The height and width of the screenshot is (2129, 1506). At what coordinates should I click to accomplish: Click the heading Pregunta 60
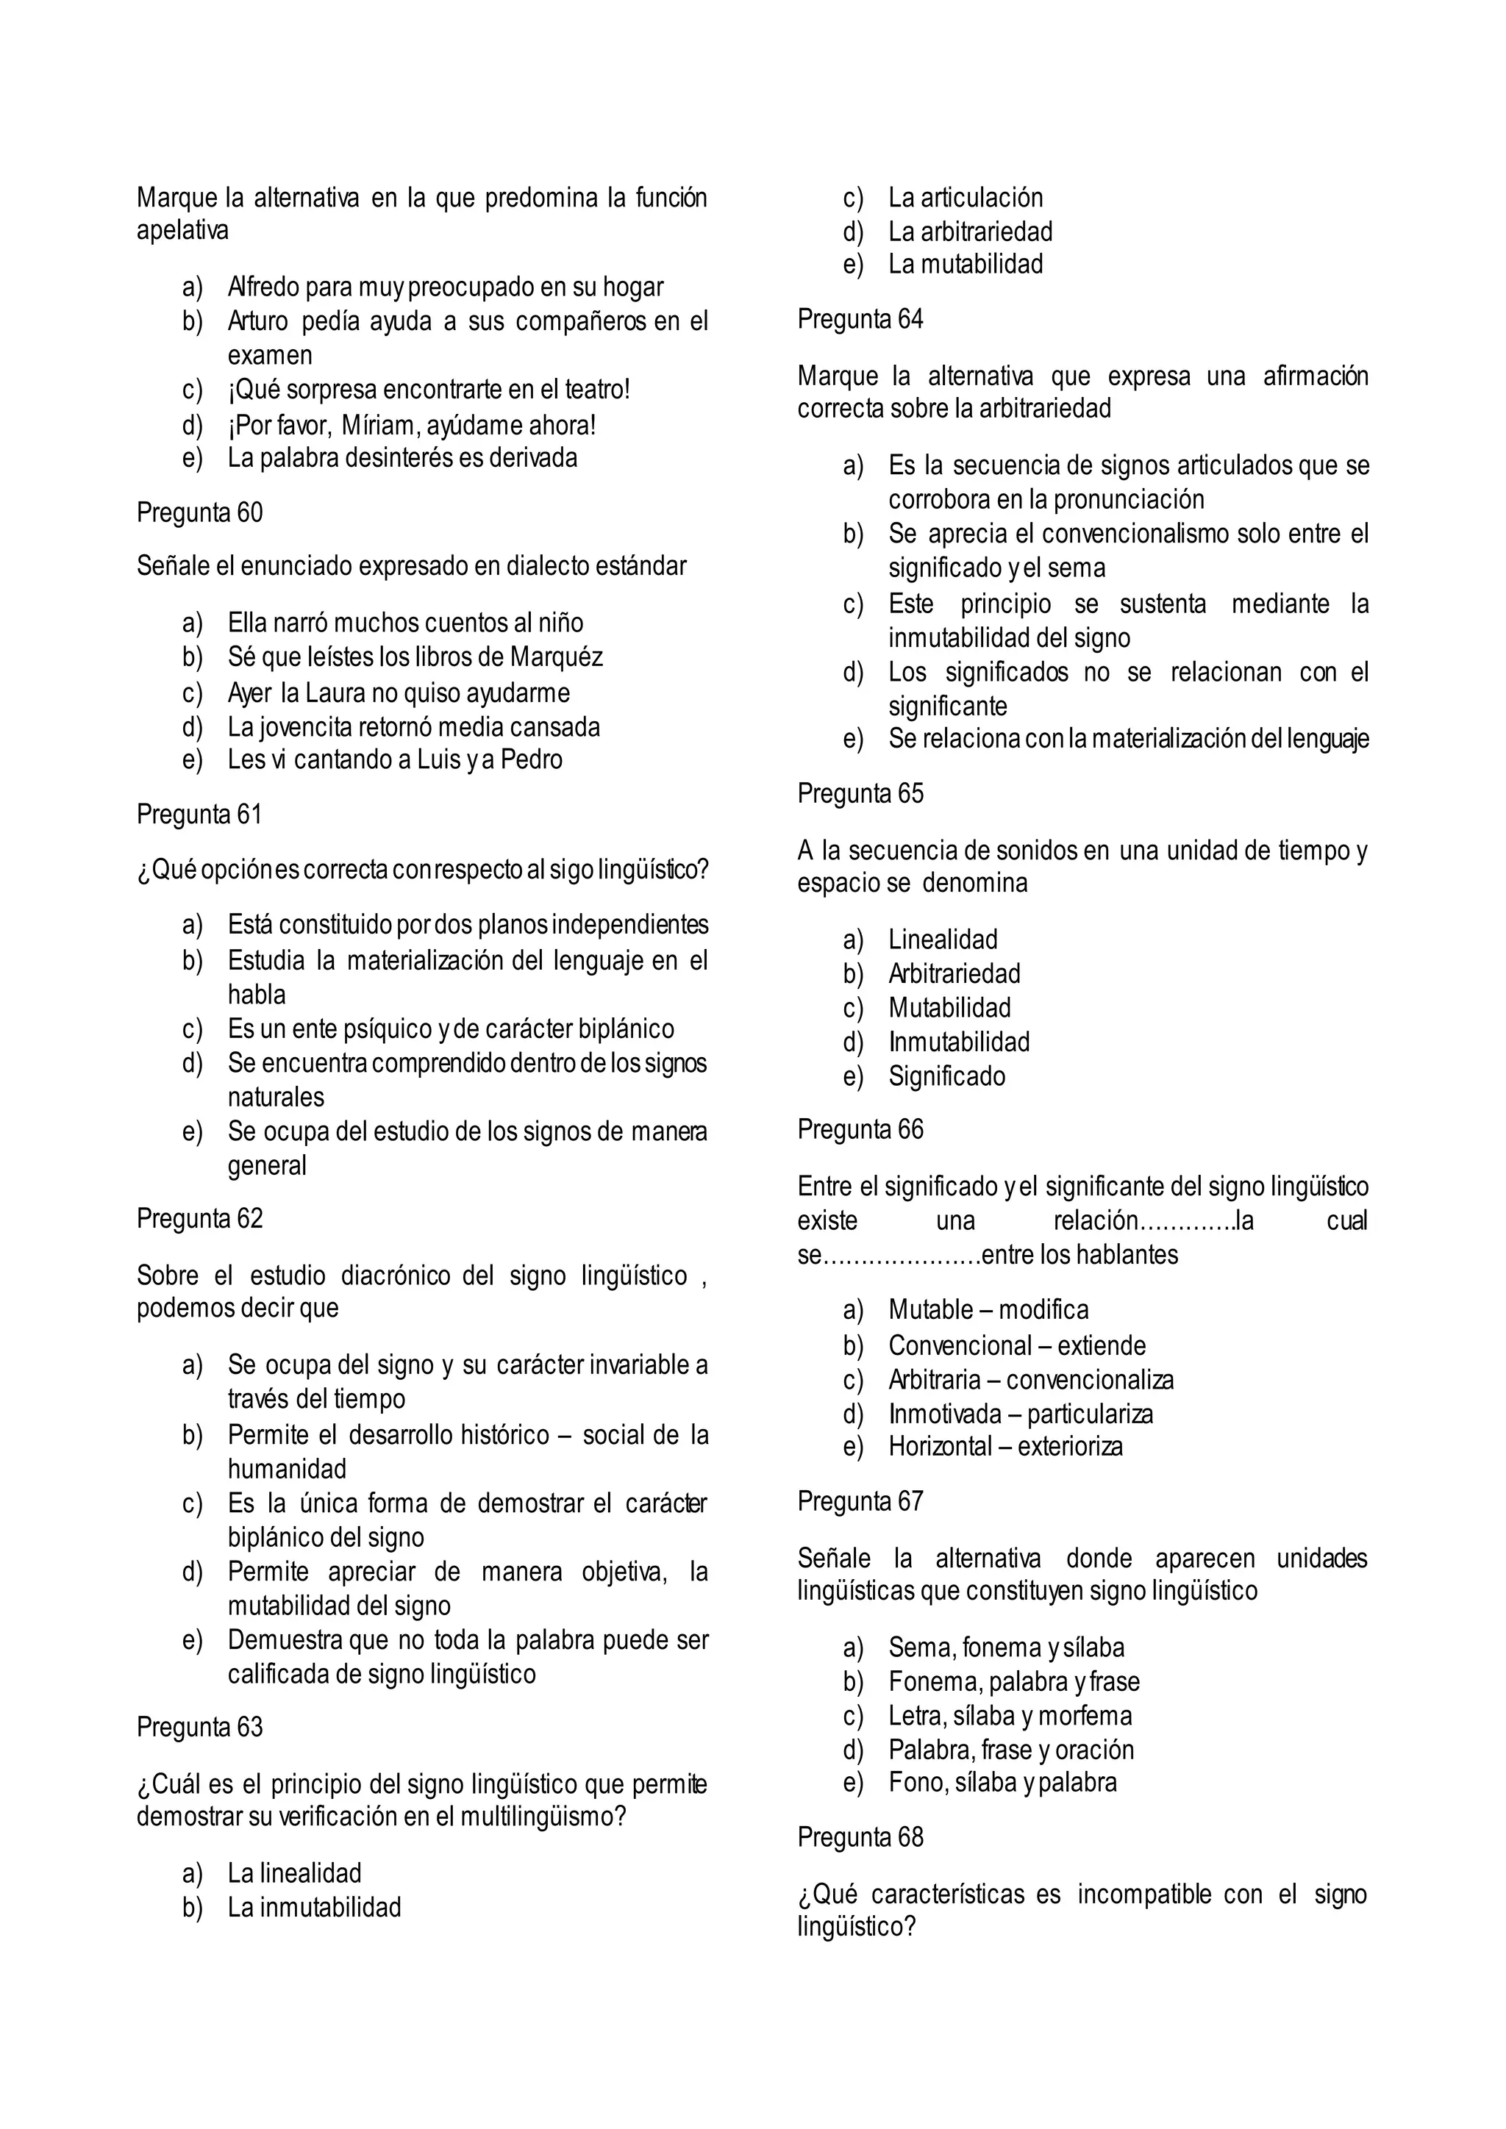(x=199, y=513)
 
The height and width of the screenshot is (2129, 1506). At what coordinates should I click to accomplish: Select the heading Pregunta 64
(x=860, y=319)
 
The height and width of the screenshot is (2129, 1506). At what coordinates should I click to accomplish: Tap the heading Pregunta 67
(x=860, y=1500)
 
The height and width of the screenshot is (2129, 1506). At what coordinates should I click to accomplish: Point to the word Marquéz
(x=557, y=656)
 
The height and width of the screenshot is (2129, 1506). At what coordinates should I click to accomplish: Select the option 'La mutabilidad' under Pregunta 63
(x=965, y=264)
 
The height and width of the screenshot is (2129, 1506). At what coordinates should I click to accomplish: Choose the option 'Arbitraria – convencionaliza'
(x=1030, y=1380)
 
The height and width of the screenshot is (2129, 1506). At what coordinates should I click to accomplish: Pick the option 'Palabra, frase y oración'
(x=1011, y=1749)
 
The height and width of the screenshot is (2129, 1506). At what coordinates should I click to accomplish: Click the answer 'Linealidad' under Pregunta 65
(x=942, y=940)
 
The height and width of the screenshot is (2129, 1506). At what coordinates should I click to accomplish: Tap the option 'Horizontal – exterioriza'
(x=1005, y=1447)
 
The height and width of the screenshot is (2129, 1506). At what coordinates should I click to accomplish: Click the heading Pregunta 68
(x=860, y=1837)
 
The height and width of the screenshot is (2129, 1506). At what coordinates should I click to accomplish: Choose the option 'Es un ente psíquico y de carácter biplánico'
(x=451, y=1028)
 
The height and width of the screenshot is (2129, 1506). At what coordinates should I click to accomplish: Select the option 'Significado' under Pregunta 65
(x=946, y=1076)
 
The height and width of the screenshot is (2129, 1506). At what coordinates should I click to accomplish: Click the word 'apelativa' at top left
(x=182, y=230)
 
